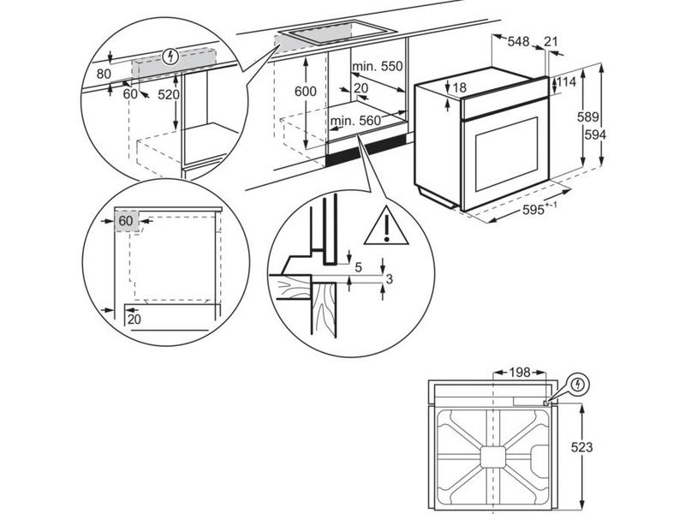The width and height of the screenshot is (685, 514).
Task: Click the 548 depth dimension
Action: (517, 41)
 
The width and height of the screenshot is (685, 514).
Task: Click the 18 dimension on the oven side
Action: (460, 87)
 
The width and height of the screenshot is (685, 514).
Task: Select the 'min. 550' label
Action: (376, 66)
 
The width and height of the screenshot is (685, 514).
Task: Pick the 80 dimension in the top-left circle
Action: (104, 75)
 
